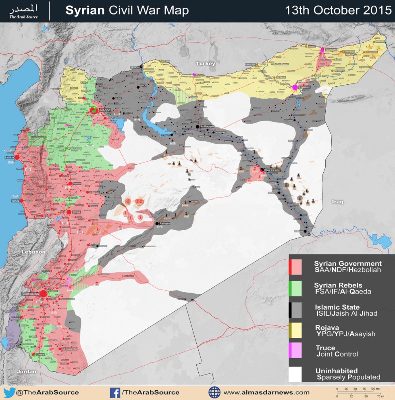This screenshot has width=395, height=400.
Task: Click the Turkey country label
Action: click(206, 64)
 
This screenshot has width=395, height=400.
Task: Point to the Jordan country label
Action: click(26, 371)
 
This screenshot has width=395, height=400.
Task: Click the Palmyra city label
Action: click(165, 223)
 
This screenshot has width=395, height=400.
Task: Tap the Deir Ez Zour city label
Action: click(272, 171)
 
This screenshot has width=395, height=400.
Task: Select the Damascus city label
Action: click(31, 294)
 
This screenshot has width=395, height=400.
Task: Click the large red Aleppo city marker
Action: click(93, 110)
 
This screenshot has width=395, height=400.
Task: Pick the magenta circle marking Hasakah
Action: click(295, 87)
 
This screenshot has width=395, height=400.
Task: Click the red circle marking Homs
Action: click(69, 212)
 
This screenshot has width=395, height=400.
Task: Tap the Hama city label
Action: click(76, 183)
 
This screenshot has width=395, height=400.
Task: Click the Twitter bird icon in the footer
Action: click(9, 392)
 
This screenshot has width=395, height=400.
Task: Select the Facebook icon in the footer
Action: click(115, 392)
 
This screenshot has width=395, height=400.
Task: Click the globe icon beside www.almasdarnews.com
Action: click(214, 392)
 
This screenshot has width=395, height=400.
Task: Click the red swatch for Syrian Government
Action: click(295, 266)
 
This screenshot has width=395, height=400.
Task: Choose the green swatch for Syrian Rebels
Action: click(295, 289)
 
